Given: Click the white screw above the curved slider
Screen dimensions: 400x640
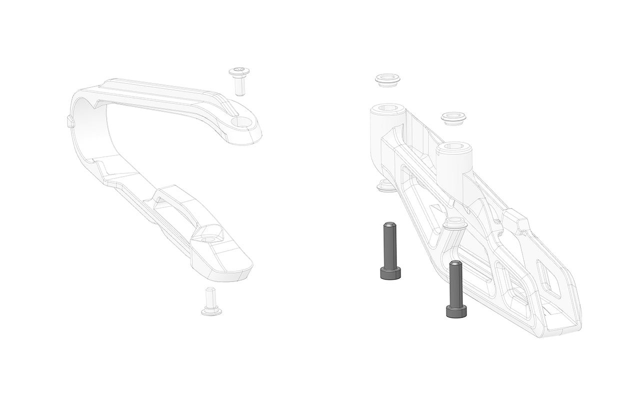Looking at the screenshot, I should pos(239,80).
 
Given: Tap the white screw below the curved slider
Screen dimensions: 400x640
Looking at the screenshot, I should pos(210,302).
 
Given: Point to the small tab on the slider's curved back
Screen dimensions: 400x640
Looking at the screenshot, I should pos(69,121).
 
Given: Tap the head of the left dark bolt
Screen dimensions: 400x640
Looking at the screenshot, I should pos(390,273).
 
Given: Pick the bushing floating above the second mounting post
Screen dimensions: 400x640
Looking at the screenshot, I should pos(453,118).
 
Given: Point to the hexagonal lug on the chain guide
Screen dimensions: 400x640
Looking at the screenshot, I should pos(515,221).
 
